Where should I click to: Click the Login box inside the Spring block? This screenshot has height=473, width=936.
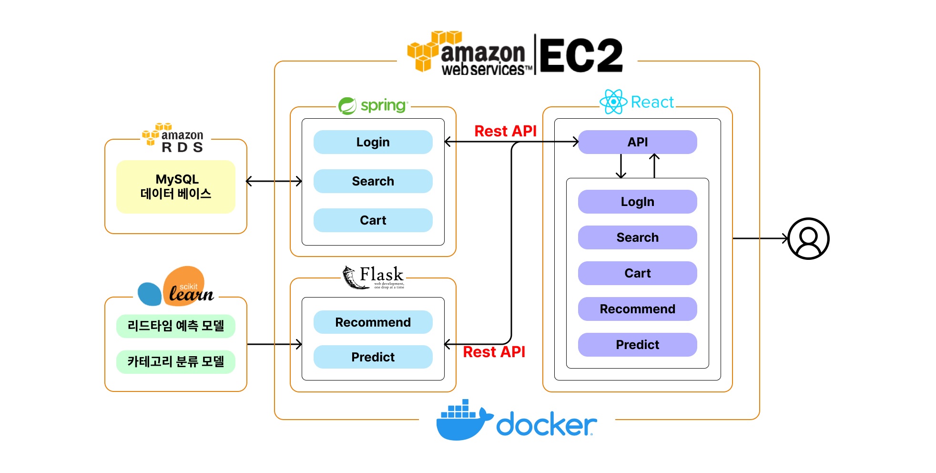pyautogui.click(x=373, y=142)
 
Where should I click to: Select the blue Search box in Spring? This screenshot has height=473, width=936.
pyautogui.click(x=373, y=181)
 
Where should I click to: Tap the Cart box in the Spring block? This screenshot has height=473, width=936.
pyautogui.click(x=373, y=220)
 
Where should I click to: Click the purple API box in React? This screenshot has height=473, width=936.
pyautogui.click(x=637, y=142)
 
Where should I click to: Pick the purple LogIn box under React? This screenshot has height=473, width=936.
pyautogui.click(x=637, y=202)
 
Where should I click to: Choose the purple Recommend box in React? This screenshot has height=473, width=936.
pyautogui.click(x=637, y=309)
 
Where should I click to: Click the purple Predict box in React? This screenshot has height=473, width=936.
pyautogui.click(x=637, y=345)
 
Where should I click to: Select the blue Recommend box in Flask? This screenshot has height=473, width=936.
pyautogui.click(x=373, y=322)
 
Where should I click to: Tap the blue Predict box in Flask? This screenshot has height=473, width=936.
pyautogui.click(x=373, y=357)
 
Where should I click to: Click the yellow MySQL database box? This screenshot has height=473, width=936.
pyautogui.click(x=176, y=186)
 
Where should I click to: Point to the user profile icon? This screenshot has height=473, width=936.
pyautogui.click(x=808, y=238)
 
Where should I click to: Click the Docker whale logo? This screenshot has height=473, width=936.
pyautogui.click(x=462, y=421)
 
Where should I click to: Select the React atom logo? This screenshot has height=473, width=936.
pyautogui.click(x=613, y=102)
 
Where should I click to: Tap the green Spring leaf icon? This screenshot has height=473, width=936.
pyautogui.click(x=347, y=105)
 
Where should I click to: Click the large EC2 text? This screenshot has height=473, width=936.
pyautogui.click(x=581, y=56)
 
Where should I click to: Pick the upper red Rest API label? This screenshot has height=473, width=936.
pyautogui.click(x=505, y=131)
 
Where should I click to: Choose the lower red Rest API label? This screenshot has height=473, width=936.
pyautogui.click(x=494, y=352)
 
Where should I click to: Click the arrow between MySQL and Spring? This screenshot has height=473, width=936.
pyautogui.click(x=274, y=181)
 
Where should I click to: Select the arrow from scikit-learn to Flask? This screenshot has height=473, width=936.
pyautogui.click(x=274, y=344)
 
